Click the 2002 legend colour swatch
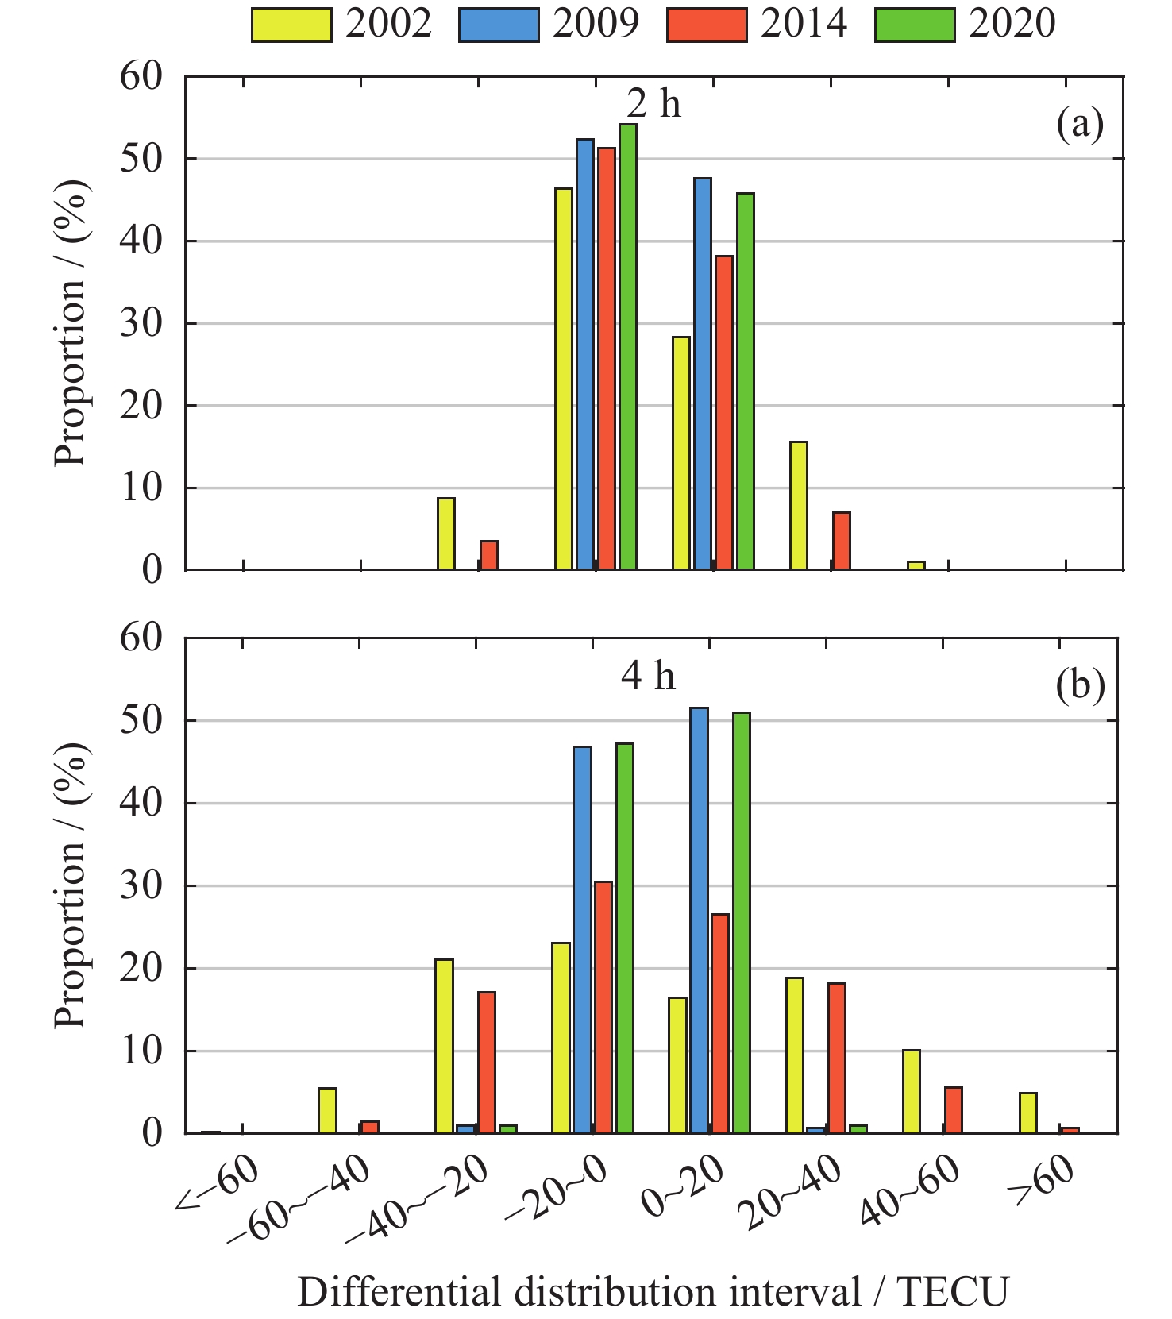pos(291,25)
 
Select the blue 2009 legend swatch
pos(499,25)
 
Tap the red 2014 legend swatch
pos(707,25)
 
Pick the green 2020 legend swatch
pos(915,25)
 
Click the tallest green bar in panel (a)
pos(627,346)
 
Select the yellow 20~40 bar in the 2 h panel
pos(799,506)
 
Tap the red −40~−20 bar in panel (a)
pos(489,555)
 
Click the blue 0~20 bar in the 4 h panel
pos(699,920)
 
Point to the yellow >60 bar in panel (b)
pos(1027,1113)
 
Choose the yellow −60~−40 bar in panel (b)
pos(327,1110)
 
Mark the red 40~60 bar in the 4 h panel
pos(953,1110)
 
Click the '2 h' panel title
pos(653,104)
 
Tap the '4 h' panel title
pos(648,676)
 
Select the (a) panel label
pos(1080,125)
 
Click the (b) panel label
pos(1080,685)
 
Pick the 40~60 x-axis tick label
pos(912,1189)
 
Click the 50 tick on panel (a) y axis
pos(141,159)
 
